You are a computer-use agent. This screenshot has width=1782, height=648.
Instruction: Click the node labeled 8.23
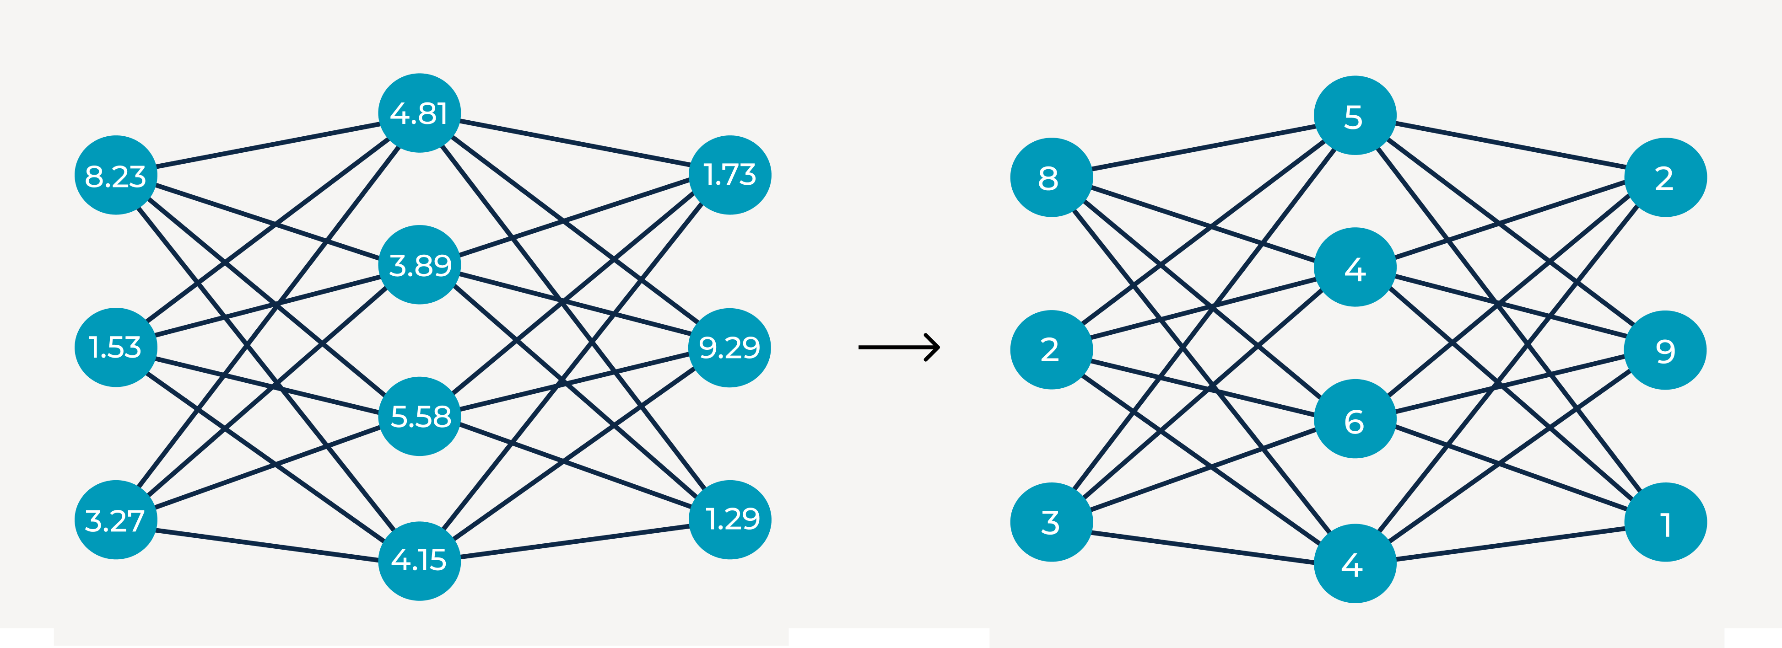[x=115, y=175]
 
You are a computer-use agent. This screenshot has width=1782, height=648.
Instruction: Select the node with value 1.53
[x=115, y=347]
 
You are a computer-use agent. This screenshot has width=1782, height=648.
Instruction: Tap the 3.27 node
[x=115, y=520]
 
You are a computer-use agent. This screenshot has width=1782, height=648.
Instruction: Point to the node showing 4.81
[x=419, y=113]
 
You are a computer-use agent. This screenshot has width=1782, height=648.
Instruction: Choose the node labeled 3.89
[x=419, y=265]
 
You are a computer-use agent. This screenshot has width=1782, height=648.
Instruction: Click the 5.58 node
[x=419, y=416]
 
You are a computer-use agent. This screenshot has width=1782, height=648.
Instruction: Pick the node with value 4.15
[x=419, y=560]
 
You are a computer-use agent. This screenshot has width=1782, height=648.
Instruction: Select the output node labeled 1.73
[x=730, y=175]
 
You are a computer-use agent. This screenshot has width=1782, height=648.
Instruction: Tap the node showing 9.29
[x=730, y=347]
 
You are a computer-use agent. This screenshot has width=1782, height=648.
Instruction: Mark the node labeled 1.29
[x=730, y=519]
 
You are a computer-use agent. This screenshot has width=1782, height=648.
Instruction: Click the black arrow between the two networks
[x=899, y=347]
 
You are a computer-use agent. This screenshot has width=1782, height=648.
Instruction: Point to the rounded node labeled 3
[x=1051, y=522]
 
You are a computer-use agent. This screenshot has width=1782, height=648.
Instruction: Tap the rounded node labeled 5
[x=1355, y=116]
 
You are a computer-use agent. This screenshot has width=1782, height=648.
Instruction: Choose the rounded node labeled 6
[x=1355, y=419]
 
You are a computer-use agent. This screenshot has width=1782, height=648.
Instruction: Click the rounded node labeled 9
[x=1665, y=350]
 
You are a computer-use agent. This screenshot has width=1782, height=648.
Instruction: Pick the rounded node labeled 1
[x=1665, y=522]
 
